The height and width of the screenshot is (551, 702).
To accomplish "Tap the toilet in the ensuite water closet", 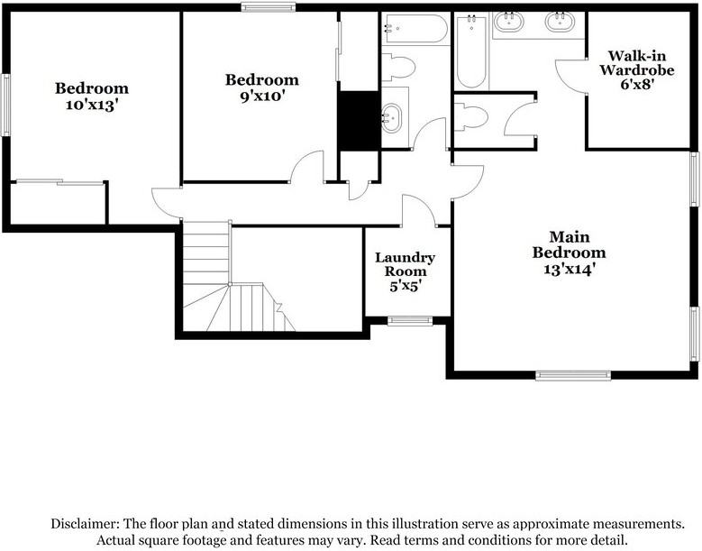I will [x=472, y=116].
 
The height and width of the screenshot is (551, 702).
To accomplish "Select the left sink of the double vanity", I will [x=512, y=21].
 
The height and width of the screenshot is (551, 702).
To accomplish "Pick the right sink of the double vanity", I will [x=561, y=21].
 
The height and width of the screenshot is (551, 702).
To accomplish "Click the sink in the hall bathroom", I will [x=392, y=118].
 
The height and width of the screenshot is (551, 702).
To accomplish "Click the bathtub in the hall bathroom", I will [x=415, y=29].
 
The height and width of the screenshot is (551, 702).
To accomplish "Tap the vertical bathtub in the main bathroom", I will [x=471, y=52].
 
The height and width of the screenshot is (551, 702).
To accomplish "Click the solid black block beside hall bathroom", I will [x=359, y=120].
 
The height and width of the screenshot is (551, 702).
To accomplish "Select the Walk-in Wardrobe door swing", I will [x=570, y=77].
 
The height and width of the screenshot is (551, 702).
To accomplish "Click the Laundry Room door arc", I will [x=416, y=209].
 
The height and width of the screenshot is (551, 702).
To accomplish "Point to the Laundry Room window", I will [x=410, y=320].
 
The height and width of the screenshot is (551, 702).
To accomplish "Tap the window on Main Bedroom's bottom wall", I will [x=573, y=375].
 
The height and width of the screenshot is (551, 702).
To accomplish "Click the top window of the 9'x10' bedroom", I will [x=268, y=8].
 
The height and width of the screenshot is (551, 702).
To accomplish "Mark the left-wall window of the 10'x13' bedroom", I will [x=5, y=105].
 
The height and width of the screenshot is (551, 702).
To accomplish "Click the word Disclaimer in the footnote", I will [x=84, y=524].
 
